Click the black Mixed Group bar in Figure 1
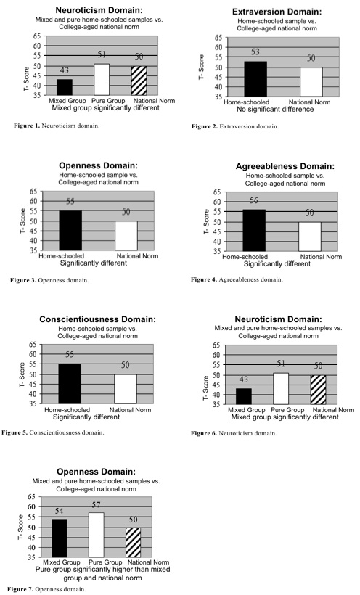pyautogui.click(x=64, y=87)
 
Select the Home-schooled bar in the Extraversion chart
pyautogui.click(x=255, y=79)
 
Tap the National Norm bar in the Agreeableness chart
pyautogui.click(x=309, y=237)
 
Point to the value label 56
pyautogui.click(x=254, y=201)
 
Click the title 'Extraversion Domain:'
pyautogui.click(x=277, y=12)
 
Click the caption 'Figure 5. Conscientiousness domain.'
pyautogui.click(x=53, y=432)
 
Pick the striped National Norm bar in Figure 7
pyautogui.click(x=133, y=542)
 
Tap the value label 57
pyautogui.click(x=96, y=505)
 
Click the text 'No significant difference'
pyautogui.click(x=275, y=110)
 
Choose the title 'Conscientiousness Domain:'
pyautogui.click(x=97, y=319)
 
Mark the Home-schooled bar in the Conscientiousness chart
pyautogui.click(x=70, y=384)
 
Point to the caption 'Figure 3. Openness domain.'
pyautogui.click(x=49, y=280)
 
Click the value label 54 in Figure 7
pyautogui.click(x=59, y=511)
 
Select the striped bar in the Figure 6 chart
pyautogui.click(x=318, y=390)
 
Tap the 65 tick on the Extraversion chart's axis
pyautogui.click(x=218, y=38)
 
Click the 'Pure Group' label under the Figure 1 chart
pyautogui.click(x=108, y=101)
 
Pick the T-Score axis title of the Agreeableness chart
pyautogui.click(x=207, y=221)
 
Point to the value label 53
pyautogui.click(x=255, y=52)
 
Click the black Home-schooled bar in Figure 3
pyautogui.click(x=70, y=230)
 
